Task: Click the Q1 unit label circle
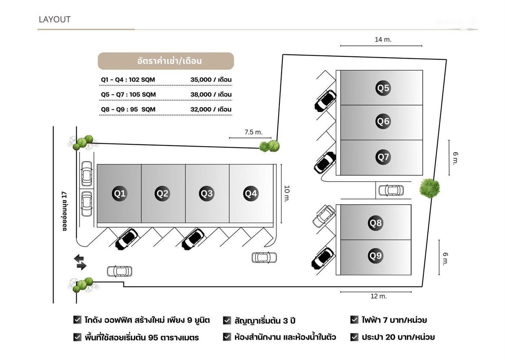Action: point(119,193)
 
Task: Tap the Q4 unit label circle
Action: point(251,193)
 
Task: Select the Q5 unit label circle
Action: point(383,88)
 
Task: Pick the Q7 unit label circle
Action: point(383,157)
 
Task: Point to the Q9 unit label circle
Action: point(375,255)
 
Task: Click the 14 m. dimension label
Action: point(383,40)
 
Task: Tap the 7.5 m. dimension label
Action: point(253,132)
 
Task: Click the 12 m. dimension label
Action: point(379,296)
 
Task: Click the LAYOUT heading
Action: point(55,19)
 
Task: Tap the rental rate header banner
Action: point(166,61)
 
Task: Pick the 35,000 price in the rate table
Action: point(201,79)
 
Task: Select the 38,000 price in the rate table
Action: point(201,94)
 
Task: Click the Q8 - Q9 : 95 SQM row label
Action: point(128,109)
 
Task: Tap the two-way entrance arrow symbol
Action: point(80,262)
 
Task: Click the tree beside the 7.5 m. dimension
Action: point(270,146)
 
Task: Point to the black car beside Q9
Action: point(323,257)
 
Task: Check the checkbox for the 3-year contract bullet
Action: point(227,320)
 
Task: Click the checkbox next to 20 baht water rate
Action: point(354,337)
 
